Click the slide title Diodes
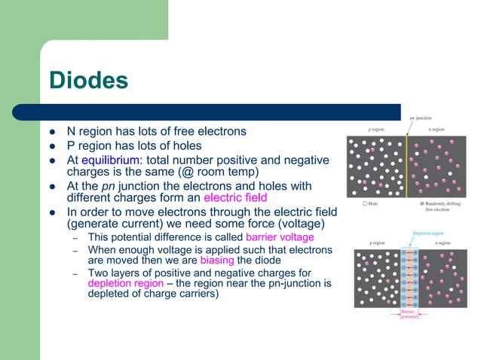88,81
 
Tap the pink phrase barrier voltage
275,238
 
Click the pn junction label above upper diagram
421,118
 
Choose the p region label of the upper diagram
378,130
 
